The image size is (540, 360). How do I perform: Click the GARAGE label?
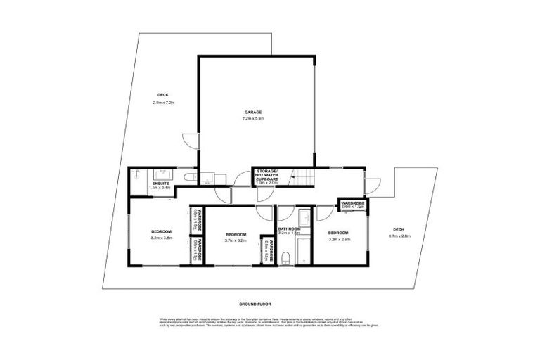tap(253, 112)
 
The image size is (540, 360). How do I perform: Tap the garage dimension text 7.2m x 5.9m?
tap(253, 118)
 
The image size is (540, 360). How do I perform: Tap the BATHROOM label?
tap(289, 229)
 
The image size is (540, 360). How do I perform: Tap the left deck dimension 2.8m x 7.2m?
tap(162, 103)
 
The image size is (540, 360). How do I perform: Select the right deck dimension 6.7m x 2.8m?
tap(399, 235)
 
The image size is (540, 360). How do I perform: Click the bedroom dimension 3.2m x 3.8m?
tap(162, 238)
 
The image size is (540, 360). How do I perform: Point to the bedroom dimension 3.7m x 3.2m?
tap(236, 240)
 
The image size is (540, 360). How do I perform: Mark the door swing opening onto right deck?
tap(373, 186)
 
